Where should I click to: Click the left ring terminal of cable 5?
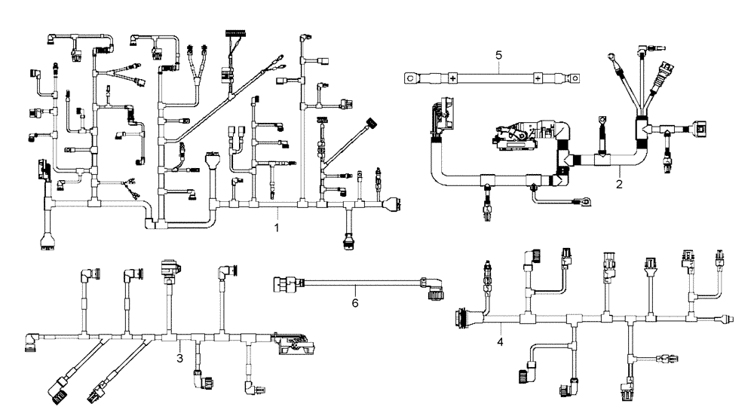411,77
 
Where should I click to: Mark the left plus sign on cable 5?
452,78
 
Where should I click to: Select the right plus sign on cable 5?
537,78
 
